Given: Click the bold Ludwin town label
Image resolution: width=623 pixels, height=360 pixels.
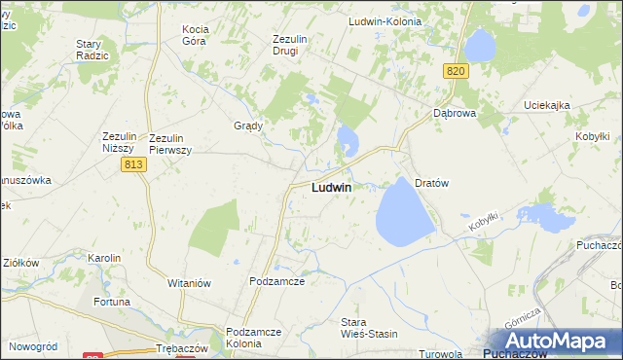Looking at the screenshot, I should [x=331, y=187].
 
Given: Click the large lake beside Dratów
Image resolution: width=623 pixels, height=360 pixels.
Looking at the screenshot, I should [x=405, y=213].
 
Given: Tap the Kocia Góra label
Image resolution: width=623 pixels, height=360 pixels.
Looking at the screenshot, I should [x=202, y=36].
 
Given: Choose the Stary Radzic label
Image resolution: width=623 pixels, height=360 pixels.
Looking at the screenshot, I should [x=96, y=51].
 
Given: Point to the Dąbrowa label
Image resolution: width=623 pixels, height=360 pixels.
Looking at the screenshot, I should [x=454, y=113].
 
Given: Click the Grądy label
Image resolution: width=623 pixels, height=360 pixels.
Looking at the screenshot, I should [x=249, y=126].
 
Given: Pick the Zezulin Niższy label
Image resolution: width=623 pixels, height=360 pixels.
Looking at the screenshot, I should [x=124, y=143].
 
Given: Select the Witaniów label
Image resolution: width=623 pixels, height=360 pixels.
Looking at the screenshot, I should [x=189, y=282].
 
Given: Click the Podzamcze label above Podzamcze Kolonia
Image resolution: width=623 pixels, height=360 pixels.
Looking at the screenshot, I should [x=277, y=281].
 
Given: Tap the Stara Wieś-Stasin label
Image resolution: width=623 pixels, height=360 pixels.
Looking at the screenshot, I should [x=368, y=328].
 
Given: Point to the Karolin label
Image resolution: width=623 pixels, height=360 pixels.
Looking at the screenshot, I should [x=104, y=258].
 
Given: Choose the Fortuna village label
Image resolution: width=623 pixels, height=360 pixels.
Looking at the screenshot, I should [x=112, y=302].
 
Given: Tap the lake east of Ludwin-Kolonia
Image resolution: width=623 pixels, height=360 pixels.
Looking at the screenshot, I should [x=479, y=44].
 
